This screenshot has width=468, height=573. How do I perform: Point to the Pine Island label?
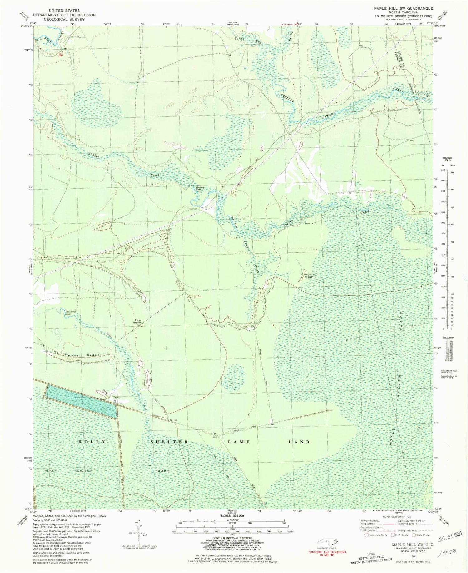pyautogui.click(x=138, y=321)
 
